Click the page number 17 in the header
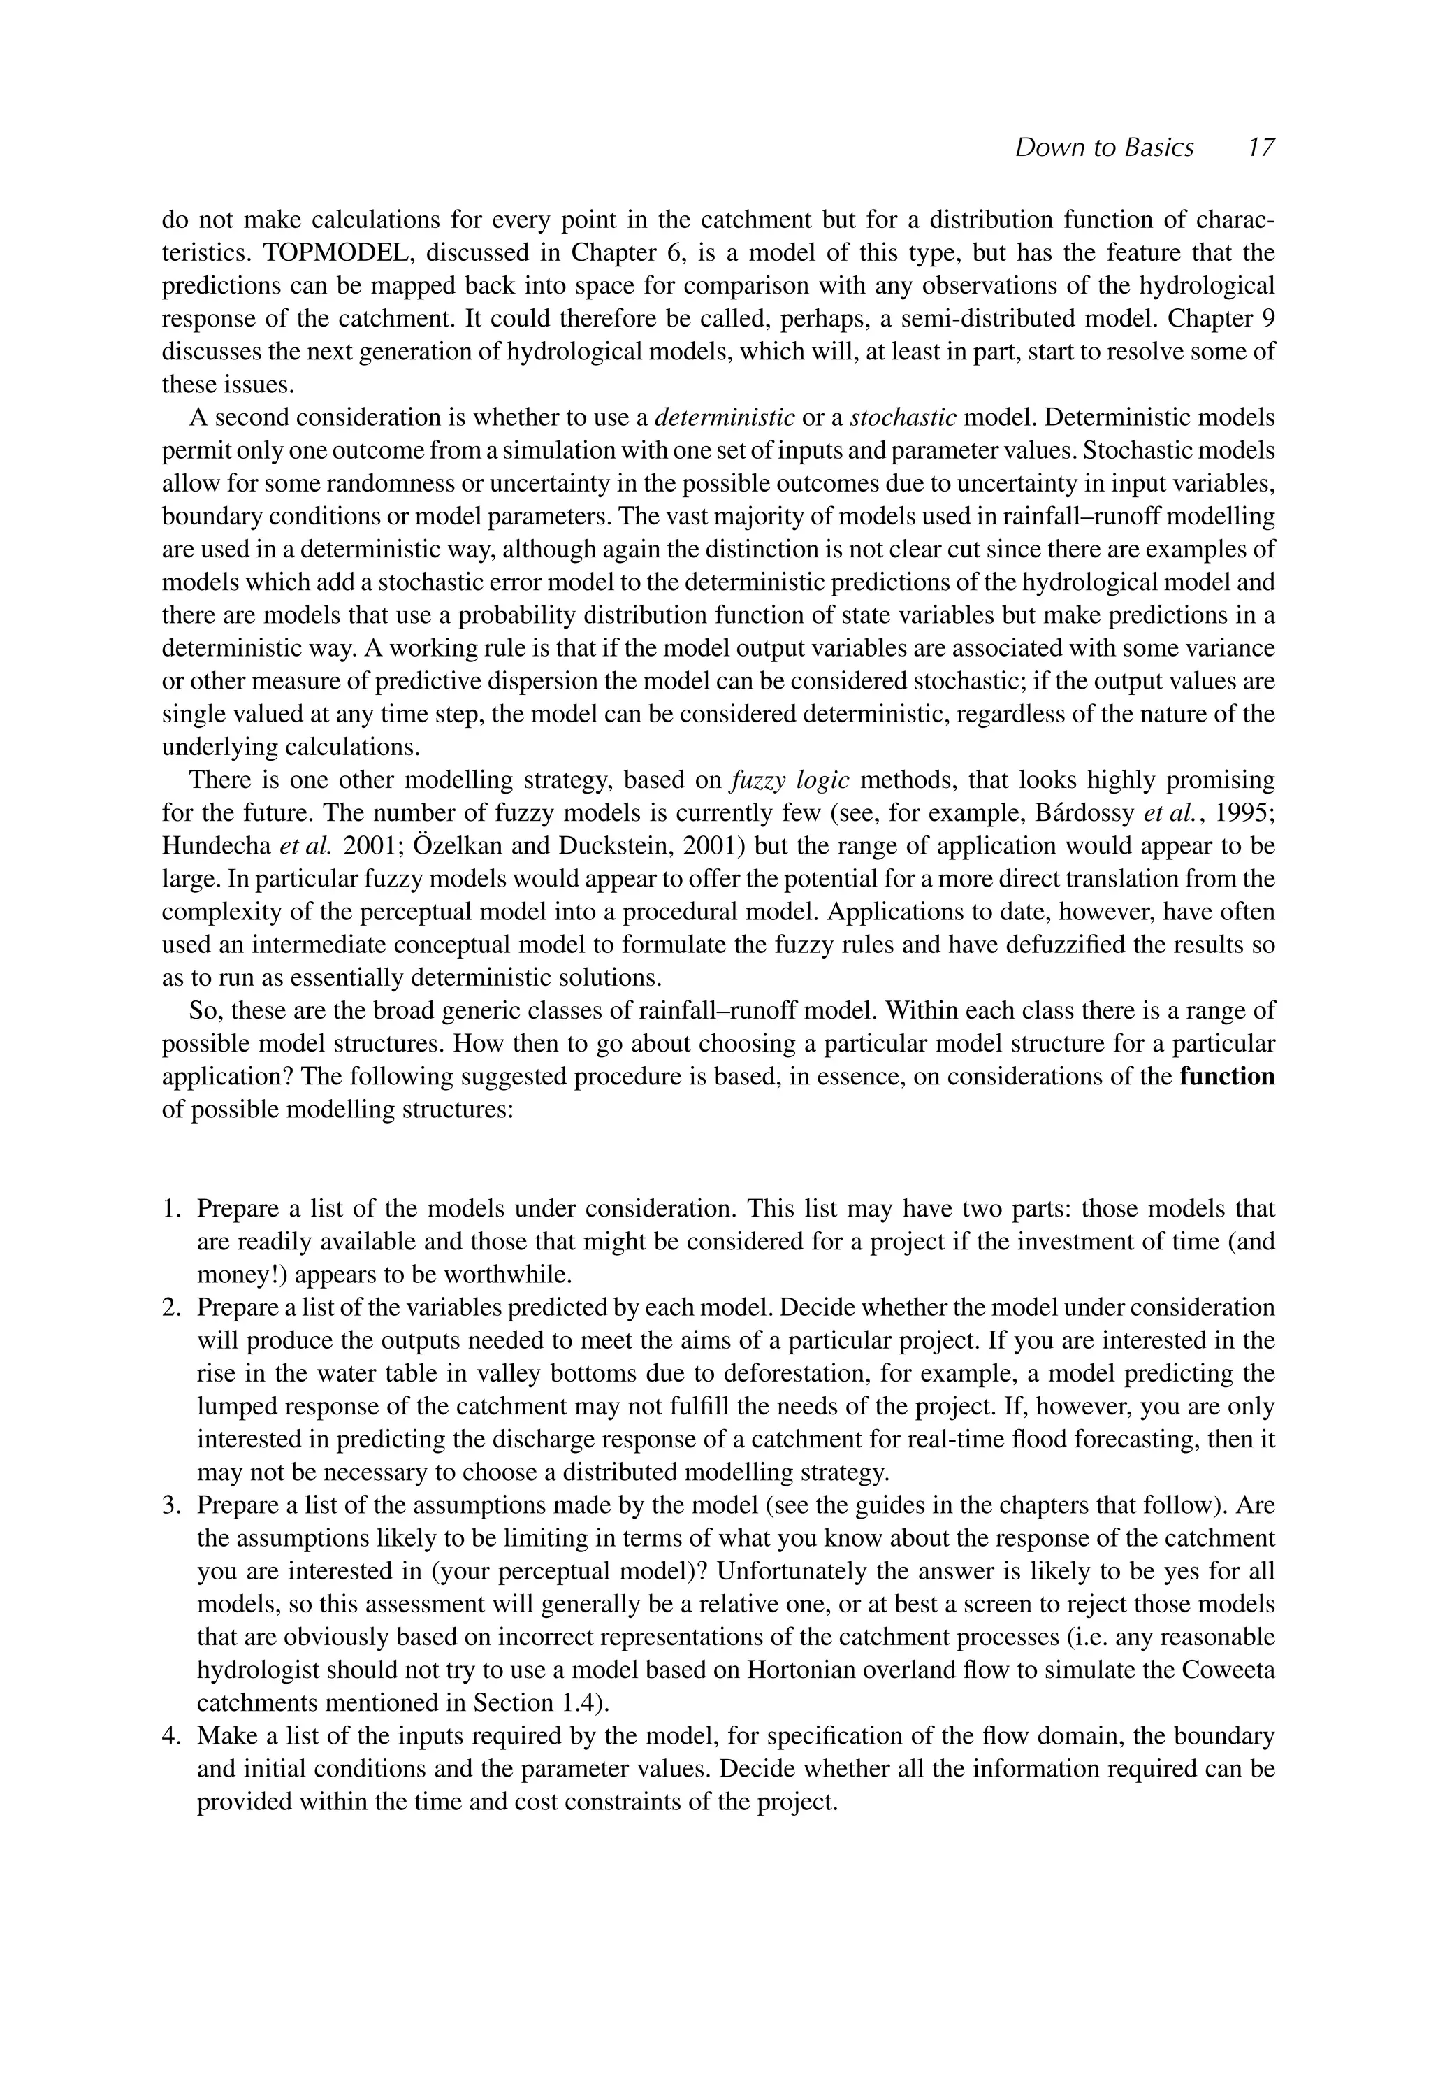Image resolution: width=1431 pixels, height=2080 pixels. (1260, 148)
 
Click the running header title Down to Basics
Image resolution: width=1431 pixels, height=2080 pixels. (1104, 148)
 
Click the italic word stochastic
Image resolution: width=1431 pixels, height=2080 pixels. (903, 418)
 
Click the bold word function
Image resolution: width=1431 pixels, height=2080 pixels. (1226, 1076)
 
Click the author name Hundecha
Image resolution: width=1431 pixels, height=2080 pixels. (216, 847)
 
